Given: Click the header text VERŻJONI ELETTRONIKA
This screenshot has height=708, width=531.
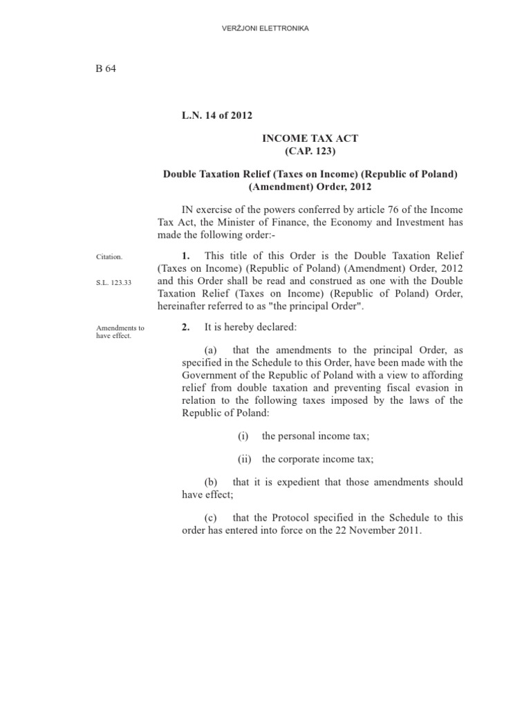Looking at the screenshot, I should [265, 28].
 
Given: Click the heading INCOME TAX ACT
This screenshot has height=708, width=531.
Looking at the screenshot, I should [310, 138].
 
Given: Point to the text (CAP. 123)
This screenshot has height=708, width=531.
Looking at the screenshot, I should [310, 151].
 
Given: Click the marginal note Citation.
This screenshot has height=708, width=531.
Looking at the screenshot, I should [109, 257].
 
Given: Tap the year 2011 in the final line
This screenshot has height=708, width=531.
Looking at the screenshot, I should [406, 530].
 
